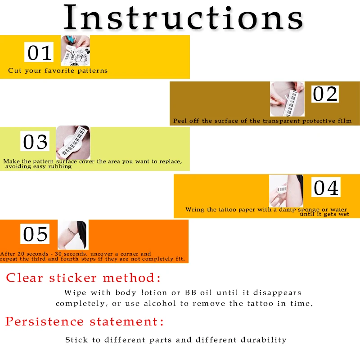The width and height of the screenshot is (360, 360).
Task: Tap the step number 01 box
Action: point(39,52)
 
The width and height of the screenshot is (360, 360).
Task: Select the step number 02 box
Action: point(325,94)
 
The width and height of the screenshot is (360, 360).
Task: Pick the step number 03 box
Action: point(35,141)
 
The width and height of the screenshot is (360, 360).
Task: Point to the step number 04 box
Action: point(326,187)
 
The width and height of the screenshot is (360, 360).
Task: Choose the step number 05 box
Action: point(35,234)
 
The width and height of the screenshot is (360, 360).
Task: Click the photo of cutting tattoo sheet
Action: point(75,50)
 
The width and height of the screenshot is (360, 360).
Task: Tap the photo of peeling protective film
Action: point(287,99)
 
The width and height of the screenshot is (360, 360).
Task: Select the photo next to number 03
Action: point(73,142)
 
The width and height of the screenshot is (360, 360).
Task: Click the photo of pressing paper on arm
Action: point(286,191)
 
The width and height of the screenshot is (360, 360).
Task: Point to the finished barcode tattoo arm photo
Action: point(73,235)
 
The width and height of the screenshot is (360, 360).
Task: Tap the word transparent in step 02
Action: point(281,121)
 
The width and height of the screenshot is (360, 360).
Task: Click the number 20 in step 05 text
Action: point(21,254)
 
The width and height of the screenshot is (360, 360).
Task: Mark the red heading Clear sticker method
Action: point(83,278)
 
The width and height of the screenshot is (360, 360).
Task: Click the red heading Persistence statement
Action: point(85,321)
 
